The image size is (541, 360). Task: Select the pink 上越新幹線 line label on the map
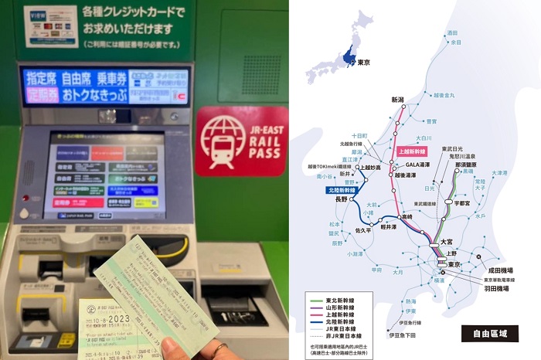tap(414, 152)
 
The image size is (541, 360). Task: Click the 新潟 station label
tap(398, 100)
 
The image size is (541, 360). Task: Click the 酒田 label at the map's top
tap(453, 33)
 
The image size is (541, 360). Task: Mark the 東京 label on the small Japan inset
tap(364, 62)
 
